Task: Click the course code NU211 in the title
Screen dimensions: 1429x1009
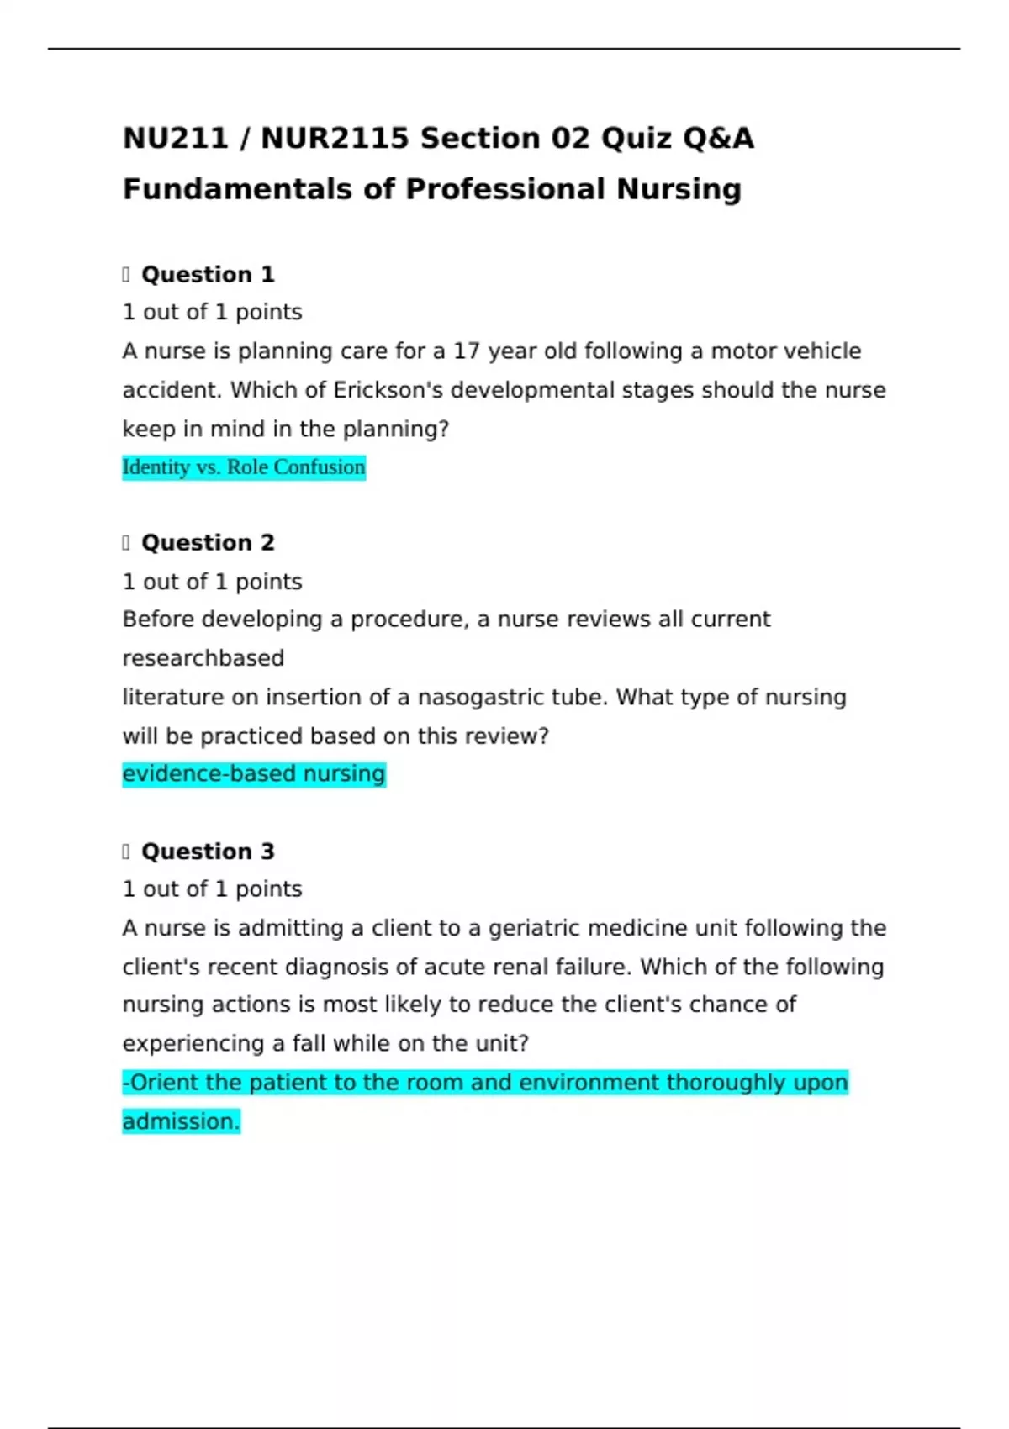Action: [175, 138]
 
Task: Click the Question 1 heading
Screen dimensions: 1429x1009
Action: [208, 275]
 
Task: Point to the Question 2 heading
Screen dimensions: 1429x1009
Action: [208, 543]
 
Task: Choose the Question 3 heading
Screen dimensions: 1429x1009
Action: [208, 852]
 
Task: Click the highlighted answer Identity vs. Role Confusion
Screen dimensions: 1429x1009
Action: [244, 467]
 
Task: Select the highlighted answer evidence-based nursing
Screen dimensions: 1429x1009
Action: [253, 773]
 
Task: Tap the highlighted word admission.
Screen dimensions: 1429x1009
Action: [181, 1121]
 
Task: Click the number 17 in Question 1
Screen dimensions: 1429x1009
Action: [467, 351]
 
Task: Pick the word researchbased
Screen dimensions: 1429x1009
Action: [203, 658]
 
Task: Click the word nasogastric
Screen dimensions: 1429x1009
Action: [481, 698]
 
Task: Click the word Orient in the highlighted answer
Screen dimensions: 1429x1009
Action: [163, 1083]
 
